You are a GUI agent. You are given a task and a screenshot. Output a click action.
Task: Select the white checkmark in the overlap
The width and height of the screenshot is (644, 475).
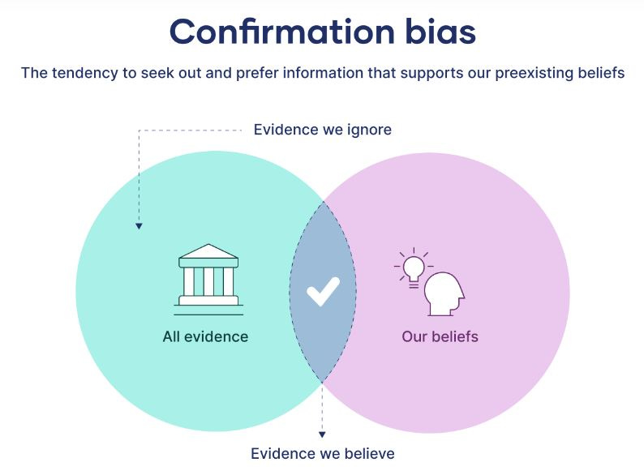[x=323, y=291]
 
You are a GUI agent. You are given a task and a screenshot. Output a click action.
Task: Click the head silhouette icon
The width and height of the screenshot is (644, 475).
[x=445, y=293]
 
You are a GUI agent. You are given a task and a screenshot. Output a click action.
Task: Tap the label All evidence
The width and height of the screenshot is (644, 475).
[x=205, y=336]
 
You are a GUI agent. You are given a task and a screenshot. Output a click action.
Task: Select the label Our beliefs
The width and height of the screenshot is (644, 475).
[x=440, y=336]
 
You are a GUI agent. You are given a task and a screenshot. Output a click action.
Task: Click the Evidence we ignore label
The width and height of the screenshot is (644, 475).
[x=322, y=130]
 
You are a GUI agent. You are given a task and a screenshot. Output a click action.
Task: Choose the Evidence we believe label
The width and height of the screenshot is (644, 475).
[x=322, y=453]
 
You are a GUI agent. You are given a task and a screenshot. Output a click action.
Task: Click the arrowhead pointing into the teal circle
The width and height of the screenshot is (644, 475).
[x=139, y=226]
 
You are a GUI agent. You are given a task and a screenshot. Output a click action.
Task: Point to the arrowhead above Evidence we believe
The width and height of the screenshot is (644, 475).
[x=322, y=435]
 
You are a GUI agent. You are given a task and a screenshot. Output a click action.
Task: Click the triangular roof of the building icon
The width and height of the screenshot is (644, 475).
[x=208, y=251]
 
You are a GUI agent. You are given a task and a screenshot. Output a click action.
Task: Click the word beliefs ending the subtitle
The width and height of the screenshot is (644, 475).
[x=601, y=73]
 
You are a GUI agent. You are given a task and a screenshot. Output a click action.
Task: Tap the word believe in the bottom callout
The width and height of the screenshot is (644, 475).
[x=368, y=453]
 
